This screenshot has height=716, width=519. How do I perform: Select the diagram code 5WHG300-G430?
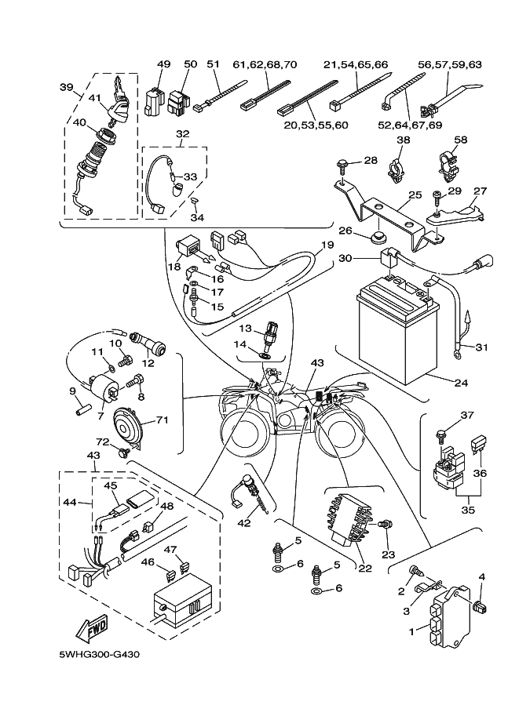93,653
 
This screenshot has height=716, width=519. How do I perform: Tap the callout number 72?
102,442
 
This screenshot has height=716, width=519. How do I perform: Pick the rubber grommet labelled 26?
378,238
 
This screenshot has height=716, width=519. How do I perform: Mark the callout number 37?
467,415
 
